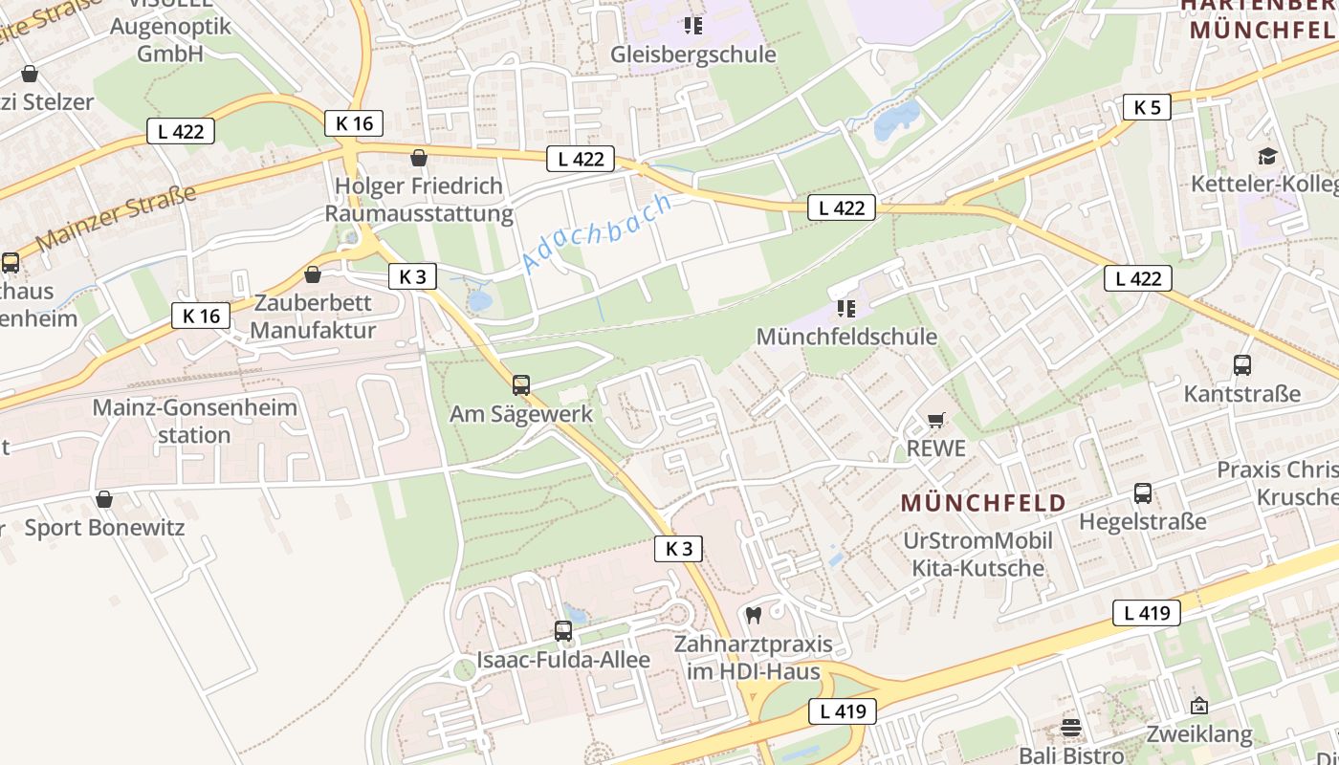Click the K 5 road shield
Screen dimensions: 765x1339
click(x=1147, y=107)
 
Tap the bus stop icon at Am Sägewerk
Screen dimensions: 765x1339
click(x=521, y=384)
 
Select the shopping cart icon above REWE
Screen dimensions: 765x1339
click(x=936, y=421)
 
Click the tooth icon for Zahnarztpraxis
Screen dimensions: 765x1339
click(x=754, y=615)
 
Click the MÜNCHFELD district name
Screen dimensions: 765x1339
click(x=983, y=503)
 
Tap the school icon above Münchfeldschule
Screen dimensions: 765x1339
click(x=845, y=308)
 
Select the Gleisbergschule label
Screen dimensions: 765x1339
click(x=693, y=55)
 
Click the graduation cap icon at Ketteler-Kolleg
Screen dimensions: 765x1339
click(x=1267, y=156)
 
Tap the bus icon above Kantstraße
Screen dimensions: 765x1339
click(x=1242, y=364)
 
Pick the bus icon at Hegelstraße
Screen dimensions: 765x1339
click(x=1143, y=493)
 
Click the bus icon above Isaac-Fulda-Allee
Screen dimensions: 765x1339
click(x=563, y=631)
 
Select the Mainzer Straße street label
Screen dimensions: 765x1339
click(x=116, y=217)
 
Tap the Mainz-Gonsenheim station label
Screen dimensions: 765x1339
click(x=195, y=421)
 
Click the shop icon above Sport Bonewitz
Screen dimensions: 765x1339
click(x=104, y=499)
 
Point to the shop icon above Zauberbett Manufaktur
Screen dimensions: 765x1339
click(x=313, y=275)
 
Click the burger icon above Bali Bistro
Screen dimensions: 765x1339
click(x=1071, y=728)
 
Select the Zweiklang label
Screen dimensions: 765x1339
click(x=1199, y=734)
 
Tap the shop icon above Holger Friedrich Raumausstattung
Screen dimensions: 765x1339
click(x=418, y=158)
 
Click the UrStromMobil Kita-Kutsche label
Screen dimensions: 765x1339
click(x=977, y=555)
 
